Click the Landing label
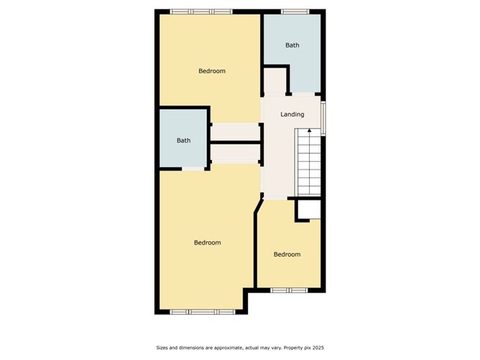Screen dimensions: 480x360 [x=292, y=114]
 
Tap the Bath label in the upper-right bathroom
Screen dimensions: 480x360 [x=292, y=45]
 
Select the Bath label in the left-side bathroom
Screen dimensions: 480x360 [x=184, y=140]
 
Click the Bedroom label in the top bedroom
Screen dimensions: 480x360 [x=212, y=70]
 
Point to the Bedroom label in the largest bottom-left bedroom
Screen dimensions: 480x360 [x=207, y=242]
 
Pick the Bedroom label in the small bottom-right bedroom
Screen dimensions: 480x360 [x=287, y=254]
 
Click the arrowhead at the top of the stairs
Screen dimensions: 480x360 [x=310, y=130]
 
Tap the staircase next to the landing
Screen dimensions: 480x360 [x=308, y=162]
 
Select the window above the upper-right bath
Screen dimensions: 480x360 [x=295, y=11]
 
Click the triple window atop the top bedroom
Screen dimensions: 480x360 [x=201, y=11]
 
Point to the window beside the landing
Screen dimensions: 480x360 [x=323, y=118]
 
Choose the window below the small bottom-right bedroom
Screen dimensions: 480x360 [x=289, y=290]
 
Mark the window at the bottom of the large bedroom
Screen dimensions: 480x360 [x=203, y=312]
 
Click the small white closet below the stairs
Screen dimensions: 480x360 [x=309, y=210]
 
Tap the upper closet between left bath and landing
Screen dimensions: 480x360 [x=236, y=131]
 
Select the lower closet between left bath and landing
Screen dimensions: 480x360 [x=236, y=154]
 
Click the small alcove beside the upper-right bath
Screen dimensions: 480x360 [x=275, y=80]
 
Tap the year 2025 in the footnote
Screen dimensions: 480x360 [x=318, y=348]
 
